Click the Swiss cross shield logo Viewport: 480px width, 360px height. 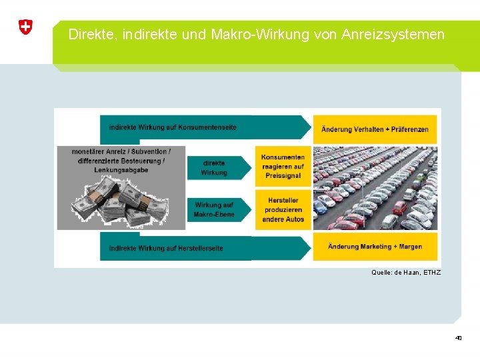25,27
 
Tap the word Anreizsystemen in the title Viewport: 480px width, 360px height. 393,34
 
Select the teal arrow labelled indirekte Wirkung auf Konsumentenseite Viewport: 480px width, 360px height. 200,127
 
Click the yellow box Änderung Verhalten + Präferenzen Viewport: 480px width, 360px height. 375,129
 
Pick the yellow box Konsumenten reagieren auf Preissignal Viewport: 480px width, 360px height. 283,166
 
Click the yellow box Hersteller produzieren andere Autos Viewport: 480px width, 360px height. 283,209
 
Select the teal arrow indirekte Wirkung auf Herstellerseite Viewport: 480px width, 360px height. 200,247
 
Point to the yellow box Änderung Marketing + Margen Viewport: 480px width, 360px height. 375,247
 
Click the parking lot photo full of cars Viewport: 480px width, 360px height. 375,188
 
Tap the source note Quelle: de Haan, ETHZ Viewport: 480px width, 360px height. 405,273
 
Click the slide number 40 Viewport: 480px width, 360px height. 458,338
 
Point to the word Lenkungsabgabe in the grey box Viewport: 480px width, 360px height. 121,170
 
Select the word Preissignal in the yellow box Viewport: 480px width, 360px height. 282,175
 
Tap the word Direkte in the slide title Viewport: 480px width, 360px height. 90,34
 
